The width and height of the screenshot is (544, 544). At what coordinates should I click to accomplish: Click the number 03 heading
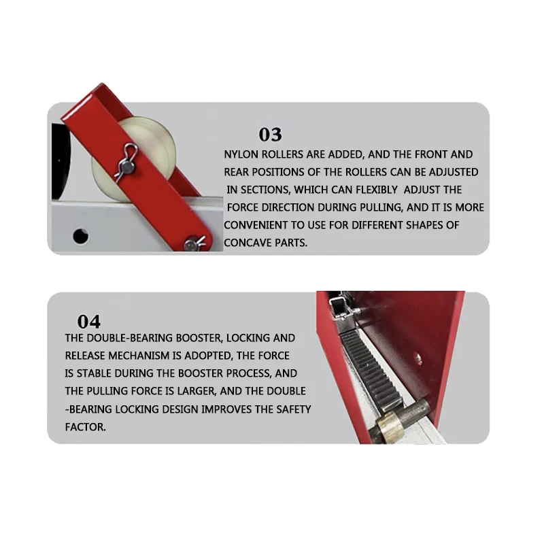click(270, 135)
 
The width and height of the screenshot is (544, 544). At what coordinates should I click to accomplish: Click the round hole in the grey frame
click(81, 235)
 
